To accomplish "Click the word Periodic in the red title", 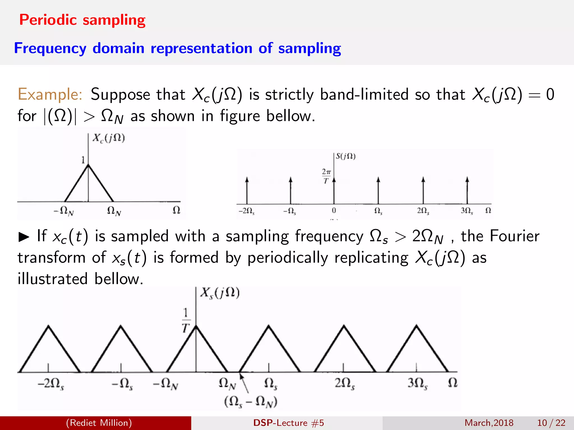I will (48, 20).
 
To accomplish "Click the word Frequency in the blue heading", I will (50, 48).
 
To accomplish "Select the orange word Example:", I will (50, 94).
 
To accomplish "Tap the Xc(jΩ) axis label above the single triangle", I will (109, 138).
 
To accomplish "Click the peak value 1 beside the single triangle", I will (83, 160).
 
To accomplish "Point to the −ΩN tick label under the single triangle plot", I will (64, 211).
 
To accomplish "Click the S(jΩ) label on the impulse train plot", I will (346, 156).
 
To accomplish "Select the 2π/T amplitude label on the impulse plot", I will (326, 176).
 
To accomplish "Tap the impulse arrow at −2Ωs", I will (247, 190).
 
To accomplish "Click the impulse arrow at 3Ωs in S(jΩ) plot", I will (467, 190).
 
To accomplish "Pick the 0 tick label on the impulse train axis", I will (334, 211).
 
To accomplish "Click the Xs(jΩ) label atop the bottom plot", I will (220, 293).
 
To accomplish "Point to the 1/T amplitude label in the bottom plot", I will (186, 320).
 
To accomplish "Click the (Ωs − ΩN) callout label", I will (251, 402).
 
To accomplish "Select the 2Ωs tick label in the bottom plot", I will (345, 383).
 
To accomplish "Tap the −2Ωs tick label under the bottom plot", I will (51, 383).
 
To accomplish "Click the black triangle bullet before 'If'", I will (24, 237).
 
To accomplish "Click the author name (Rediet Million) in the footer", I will (99, 423).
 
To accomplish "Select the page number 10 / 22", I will (551, 423).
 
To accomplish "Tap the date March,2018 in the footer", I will (489, 423).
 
